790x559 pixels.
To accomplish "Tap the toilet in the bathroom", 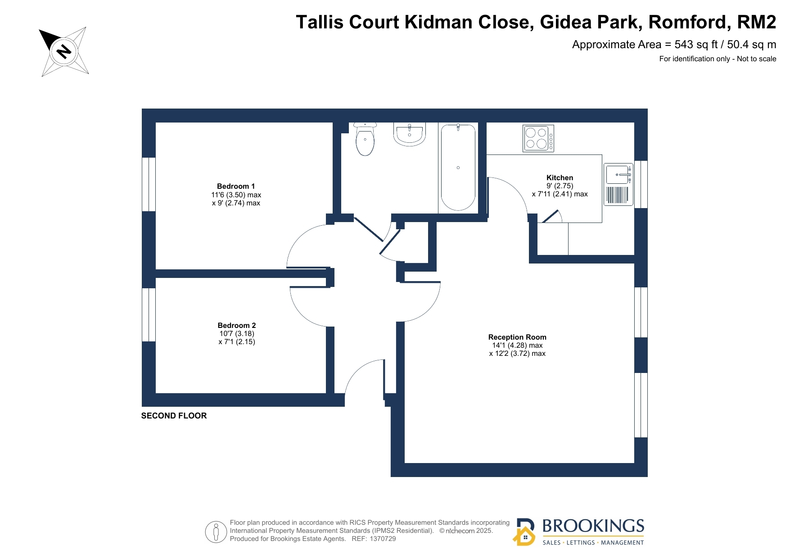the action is [x=365, y=139].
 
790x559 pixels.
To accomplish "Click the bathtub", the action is [x=458, y=167].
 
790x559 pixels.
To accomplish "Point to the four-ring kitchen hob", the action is [x=538, y=138].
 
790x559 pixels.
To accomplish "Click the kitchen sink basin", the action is [x=617, y=174].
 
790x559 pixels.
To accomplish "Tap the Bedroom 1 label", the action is [x=236, y=186].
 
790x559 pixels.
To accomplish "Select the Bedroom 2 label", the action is [x=237, y=326].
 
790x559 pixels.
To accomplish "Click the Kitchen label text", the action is [x=560, y=178].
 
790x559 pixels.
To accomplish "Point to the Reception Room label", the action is [x=517, y=337].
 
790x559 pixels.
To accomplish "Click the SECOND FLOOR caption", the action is [x=174, y=416].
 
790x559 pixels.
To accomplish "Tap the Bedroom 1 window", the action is [x=149, y=184].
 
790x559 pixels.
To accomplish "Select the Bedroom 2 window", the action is [x=149, y=315].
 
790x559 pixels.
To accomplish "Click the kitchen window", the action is [x=641, y=184].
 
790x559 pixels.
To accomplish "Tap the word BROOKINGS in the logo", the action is [x=593, y=526].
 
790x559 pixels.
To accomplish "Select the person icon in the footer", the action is [x=216, y=532].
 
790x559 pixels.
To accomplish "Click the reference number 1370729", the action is [x=383, y=539].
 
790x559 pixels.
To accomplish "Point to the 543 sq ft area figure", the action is [x=696, y=45].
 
